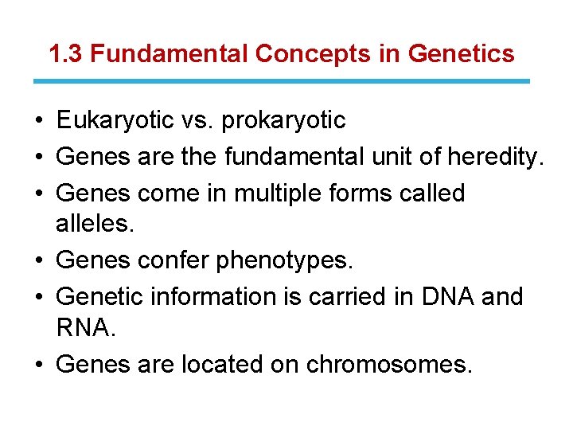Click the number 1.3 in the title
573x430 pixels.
64,54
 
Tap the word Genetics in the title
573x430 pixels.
461,54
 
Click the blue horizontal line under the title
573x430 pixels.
282,81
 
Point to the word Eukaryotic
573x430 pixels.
115,120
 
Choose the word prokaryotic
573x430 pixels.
283,120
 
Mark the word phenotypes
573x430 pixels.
284,260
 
